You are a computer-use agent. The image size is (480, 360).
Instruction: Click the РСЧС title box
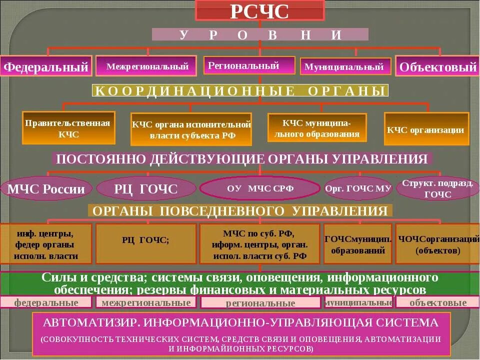click(259, 11)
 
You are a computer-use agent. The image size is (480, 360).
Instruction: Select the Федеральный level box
click(46, 66)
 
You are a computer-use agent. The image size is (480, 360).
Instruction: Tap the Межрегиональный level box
click(146, 65)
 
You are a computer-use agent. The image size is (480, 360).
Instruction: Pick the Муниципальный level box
click(345, 66)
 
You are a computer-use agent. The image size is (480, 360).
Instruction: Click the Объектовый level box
click(437, 66)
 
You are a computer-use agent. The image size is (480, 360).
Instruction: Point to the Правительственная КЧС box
click(69, 128)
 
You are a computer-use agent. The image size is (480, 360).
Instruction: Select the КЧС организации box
click(426, 129)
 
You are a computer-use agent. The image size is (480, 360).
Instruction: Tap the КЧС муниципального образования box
click(317, 128)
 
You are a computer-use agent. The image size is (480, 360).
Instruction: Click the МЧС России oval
click(46, 189)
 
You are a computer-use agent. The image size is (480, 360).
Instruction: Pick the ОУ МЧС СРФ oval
click(259, 188)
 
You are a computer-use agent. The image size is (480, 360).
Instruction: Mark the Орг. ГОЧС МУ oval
click(358, 188)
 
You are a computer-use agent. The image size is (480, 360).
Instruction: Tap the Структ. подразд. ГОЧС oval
click(437, 188)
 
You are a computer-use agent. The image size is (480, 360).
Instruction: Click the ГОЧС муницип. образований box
click(358, 244)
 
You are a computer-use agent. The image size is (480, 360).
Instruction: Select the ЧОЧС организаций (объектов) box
click(437, 244)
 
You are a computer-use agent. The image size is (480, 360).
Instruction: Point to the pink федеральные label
click(46, 302)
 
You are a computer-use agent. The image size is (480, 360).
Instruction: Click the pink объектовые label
click(437, 302)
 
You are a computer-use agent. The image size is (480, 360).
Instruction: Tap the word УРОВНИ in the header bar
click(260, 34)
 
